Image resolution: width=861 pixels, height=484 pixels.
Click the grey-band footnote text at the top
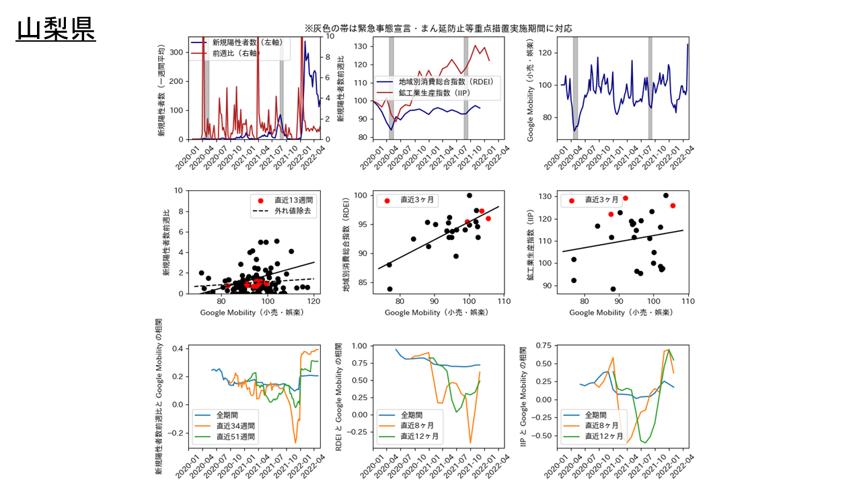(438, 28)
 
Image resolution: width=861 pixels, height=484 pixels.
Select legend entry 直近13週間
(293, 200)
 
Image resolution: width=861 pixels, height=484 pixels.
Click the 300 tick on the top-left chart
(177, 52)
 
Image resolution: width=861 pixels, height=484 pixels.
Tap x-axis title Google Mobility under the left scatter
(254, 313)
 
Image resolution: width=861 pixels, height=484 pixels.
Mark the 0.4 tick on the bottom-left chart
(177, 348)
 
